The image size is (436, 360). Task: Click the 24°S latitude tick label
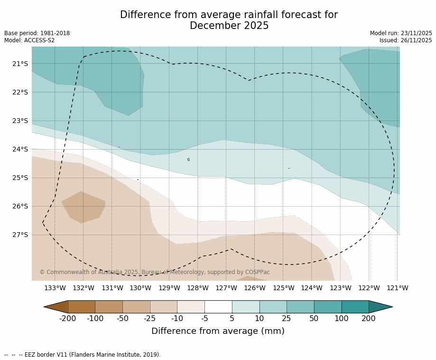pos(20,149)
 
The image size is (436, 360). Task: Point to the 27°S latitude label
pos(20,235)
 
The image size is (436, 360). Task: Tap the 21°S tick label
pos(20,64)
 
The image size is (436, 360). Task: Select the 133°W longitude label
pos(55,288)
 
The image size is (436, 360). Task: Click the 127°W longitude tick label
pos(226,288)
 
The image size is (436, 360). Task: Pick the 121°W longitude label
pos(398,288)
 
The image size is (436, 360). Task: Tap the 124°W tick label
pos(312,288)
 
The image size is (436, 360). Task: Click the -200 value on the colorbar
pos(68,318)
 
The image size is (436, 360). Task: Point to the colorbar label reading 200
pos(369,318)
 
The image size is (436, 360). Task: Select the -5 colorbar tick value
pos(204,318)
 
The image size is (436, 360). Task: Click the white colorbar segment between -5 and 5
pos(218,307)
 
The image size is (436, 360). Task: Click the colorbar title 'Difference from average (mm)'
pos(218,331)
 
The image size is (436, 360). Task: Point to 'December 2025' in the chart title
pos(229,26)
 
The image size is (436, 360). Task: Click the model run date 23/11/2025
pos(416,33)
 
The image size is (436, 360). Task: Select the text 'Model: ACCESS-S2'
pos(29,40)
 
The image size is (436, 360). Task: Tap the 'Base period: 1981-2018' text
pos(37,33)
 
